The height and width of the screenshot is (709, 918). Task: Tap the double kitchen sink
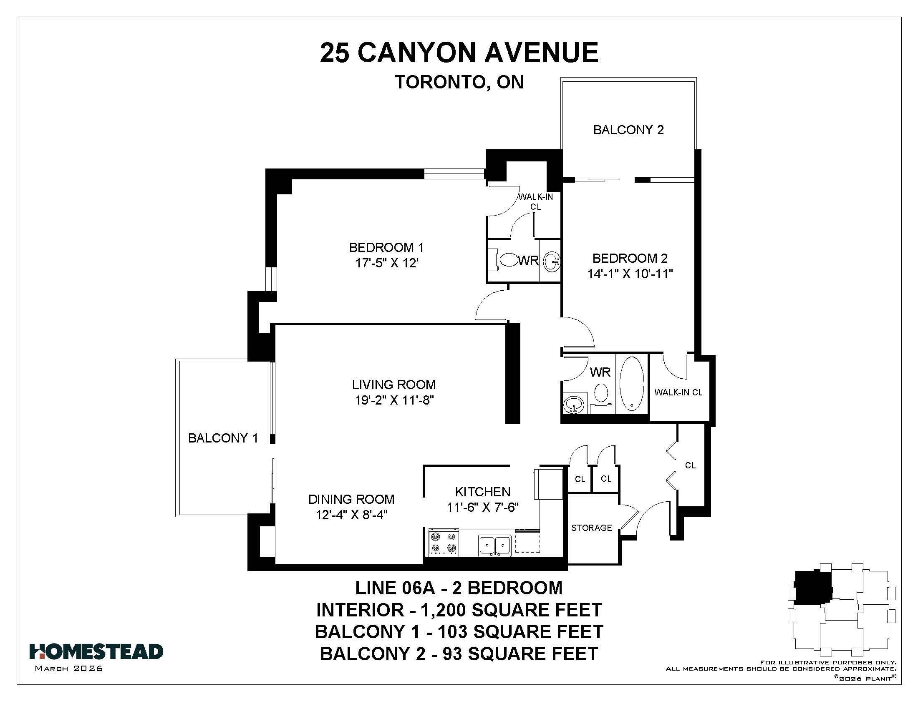pos(495,545)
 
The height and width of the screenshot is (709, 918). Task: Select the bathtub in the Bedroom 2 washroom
pos(632,383)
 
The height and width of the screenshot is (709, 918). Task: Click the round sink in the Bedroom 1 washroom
pos(551,261)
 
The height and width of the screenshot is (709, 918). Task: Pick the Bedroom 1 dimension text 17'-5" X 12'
pos(387,263)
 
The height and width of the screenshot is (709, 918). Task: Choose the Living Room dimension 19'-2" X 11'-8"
pos(394,400)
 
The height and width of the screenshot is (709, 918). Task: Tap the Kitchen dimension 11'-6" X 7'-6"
pos(482,508)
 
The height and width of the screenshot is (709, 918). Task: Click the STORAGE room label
pos(591,528)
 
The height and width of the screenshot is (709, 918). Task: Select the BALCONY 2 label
pos(628,130)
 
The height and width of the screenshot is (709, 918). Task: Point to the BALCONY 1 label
pos(223,438)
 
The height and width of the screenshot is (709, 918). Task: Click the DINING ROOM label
pos(351,499)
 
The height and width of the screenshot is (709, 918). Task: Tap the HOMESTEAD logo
pos(96,651)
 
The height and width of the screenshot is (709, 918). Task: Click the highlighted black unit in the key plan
pos(812,587)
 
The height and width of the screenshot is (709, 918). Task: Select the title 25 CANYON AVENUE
pos(459,53)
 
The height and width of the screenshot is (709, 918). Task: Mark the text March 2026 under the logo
pos(69,668)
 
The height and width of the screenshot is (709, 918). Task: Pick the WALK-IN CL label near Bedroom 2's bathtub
pos(678,392)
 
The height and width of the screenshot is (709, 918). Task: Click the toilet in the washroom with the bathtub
pos(601,397)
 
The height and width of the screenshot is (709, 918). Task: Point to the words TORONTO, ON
pos(459,82)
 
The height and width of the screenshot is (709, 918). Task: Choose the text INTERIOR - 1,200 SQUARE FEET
pos(459,610)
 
